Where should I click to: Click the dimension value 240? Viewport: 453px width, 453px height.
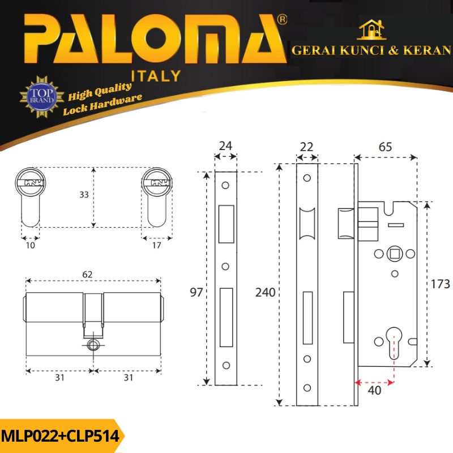(265, 292)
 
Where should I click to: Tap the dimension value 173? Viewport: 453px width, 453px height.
(440, 284)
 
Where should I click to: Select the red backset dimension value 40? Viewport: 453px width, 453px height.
(374, 390)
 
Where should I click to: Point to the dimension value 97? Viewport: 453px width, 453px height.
(196, 292)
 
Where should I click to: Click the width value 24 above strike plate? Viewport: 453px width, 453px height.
(225, 146)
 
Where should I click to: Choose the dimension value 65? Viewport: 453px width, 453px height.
(385, 147)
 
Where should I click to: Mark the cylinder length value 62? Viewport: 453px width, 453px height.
(87, 274)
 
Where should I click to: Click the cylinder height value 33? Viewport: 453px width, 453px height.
(84, 194)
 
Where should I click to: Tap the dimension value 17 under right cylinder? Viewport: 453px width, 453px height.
(157, 245)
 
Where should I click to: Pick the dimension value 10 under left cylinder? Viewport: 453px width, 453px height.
(31, 245)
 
